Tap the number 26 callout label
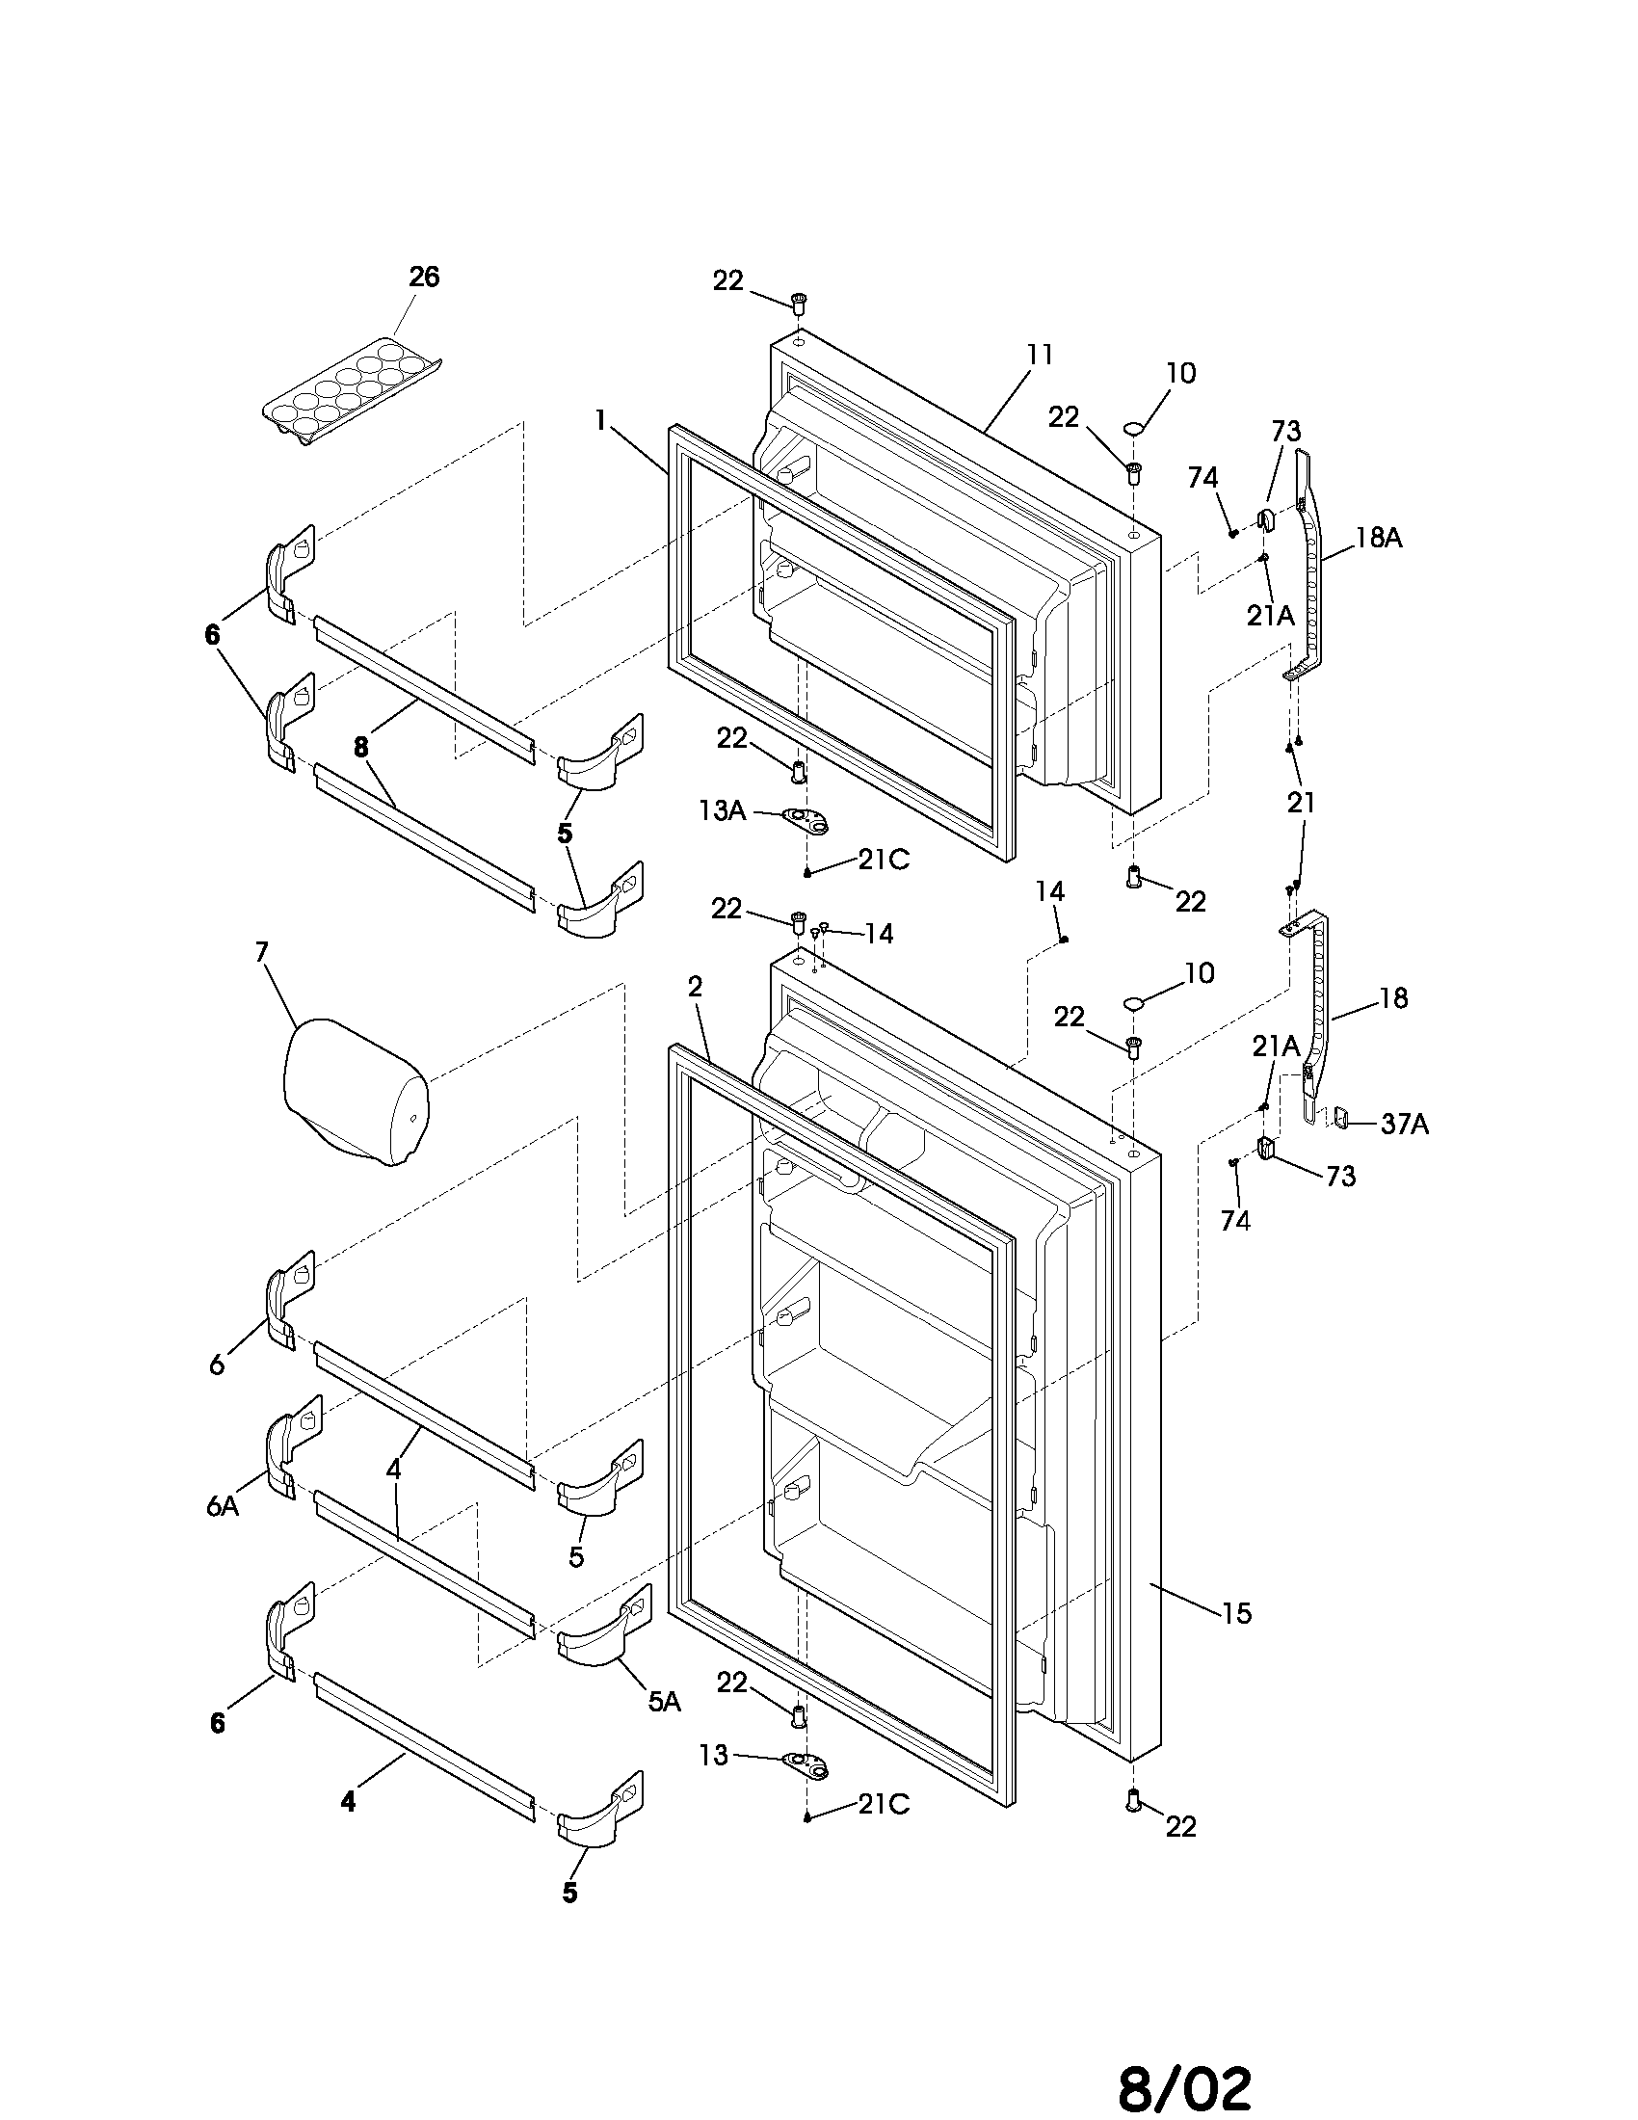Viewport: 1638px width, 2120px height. click(x=423, y=278)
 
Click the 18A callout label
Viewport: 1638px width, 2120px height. click(x=1378, y=539)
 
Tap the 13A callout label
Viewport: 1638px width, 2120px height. click(x=722, y=810)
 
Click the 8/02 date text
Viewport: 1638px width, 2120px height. click(x=1184, y=2082)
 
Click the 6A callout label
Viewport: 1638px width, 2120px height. click(x=222, y=1505)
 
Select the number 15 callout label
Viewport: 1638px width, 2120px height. click(x=1236, y=1613)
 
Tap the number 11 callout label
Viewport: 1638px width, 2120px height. click(x=1040, y=356)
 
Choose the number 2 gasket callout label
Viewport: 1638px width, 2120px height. click(x=695, y=987)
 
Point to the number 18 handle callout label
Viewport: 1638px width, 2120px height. click(x=1392, y=998)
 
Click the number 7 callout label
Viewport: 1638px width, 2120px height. click(x=261, y=952)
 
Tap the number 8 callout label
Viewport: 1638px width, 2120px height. click(x=361, y=747)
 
